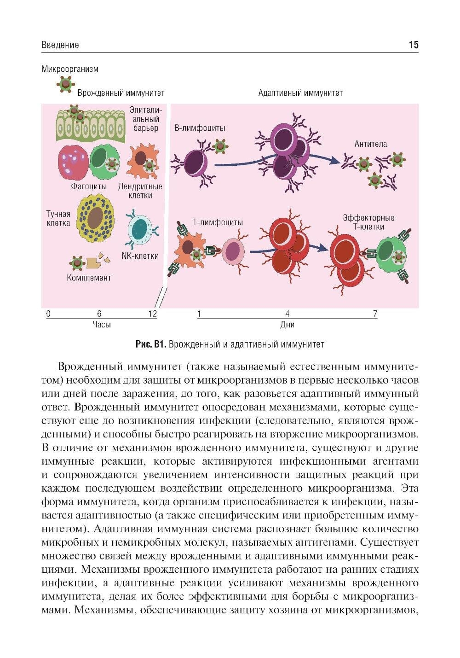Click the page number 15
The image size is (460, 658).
pyautogui.click(x=413, y=45)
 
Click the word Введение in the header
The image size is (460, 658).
pyautogui.click(x=60, y=45)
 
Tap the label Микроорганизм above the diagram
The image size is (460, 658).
pyautogui.click(x=70, y=69)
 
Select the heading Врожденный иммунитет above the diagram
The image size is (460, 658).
pyautogui.click(x=121, y=93)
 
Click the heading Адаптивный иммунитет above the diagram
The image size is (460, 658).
pyautogui.click(x=300, y=93)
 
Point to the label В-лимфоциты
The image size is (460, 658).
pyautogui.click(x=200, y=128)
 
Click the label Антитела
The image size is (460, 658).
pyautogui.click(x=370, y=144)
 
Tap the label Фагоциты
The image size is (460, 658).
pyautogui.click(x=89, y=186)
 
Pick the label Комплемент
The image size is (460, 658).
pyautogui.click(x=89, y=278)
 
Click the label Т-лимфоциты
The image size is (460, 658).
pyautogui.click(x=218, y=222)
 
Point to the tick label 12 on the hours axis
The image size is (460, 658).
pyautogui.click(x=152, y=314)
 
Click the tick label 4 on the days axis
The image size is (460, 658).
pyautogui.click(x=287, y=314)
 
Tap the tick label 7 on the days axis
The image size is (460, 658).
pyautogui.click(x=375, y=314)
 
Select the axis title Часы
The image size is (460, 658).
pyautogui.click(x=102, y=325)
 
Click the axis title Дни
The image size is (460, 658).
pyautogui.click(x=287, y=325)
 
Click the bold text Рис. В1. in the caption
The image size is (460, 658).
pyautogui.click(x=150, y=344)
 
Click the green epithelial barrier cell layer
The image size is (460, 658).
pyautogui.click(x=90, y=127)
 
